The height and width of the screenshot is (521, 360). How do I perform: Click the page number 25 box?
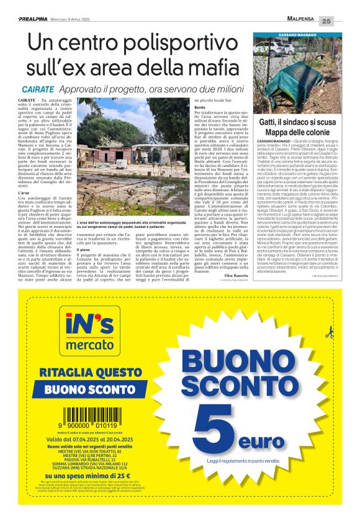point(344,21)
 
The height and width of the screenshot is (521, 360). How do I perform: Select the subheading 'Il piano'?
point(83,248)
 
